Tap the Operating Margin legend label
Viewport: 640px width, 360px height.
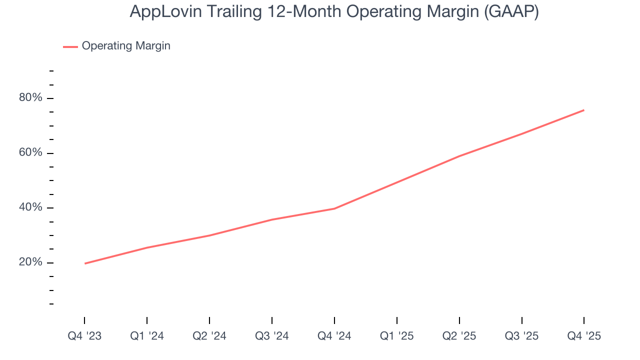[126, 46]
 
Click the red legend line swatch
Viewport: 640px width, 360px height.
[70, 46]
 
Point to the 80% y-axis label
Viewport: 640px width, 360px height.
[30, 98]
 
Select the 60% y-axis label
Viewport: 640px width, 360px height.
[30, 153]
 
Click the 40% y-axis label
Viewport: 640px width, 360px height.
[30, 207]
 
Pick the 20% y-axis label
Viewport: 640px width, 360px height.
[30, 262]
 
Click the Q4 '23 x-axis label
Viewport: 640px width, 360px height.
[84, 336]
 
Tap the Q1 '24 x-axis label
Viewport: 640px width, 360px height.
[147, 336]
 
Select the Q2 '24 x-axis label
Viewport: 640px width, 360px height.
[209, 336]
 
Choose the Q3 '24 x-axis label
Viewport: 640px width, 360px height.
[272, 336]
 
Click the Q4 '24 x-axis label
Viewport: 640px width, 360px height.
[334, 336]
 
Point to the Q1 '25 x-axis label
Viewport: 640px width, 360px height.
[396, 336]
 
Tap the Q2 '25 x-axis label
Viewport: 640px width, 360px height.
[459, 336]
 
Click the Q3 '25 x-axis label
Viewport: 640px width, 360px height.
[521, 336]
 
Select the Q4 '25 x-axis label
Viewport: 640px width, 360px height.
[584, 336]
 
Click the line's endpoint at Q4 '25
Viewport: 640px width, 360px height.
[583, 110]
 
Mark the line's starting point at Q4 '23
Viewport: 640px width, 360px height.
[85, 263]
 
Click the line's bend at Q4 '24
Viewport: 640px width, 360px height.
[334, 208]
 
